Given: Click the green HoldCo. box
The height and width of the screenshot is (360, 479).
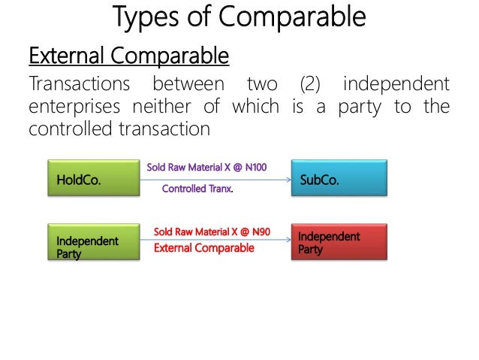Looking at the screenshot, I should (x=94, y=179).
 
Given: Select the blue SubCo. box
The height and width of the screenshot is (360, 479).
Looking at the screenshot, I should (x=339, y=179).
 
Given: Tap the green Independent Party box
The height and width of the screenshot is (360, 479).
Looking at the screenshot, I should (x=94, y=241).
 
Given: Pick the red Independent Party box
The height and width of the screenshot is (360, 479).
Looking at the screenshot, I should (x=339, y=241).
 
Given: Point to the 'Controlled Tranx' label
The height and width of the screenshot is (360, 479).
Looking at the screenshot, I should (x=197, y=189).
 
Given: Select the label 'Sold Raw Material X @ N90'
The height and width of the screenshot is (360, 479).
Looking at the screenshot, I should (x=212, y=231).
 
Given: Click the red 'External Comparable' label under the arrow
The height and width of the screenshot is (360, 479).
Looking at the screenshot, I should (x=203, y=248).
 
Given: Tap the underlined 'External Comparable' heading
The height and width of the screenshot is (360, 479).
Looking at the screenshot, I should (x=128, y=56).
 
